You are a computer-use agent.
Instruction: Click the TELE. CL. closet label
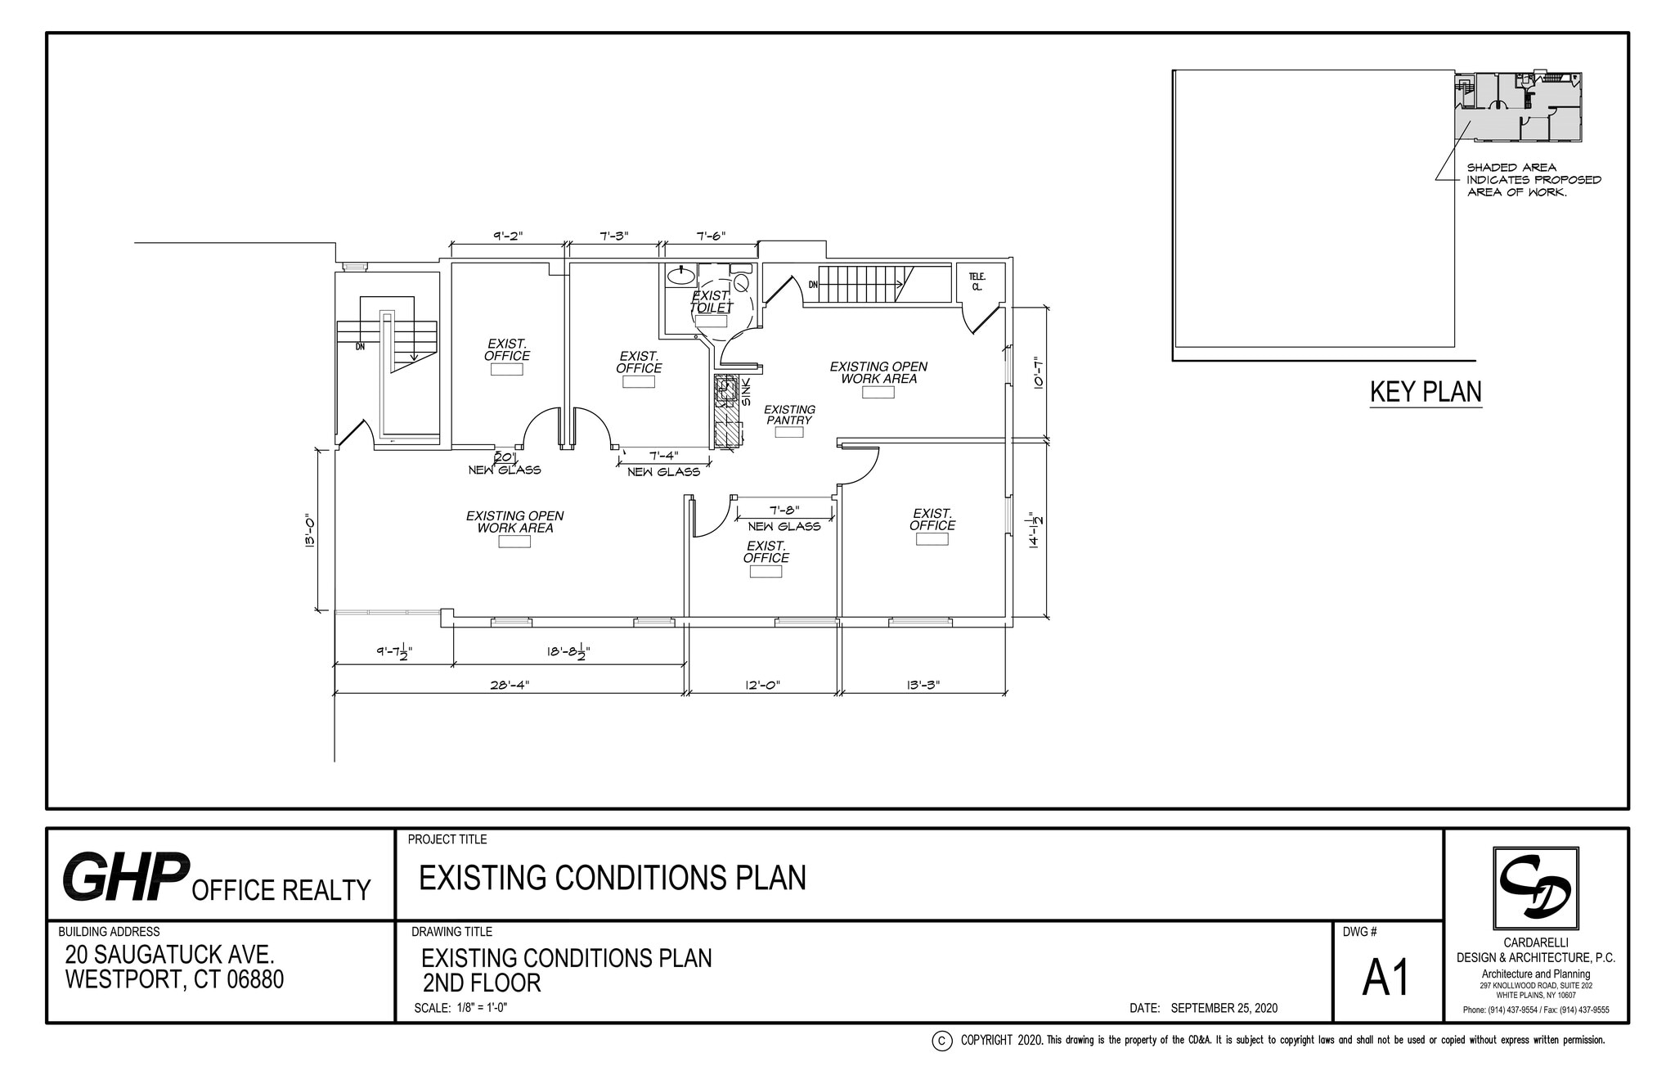(977, 281)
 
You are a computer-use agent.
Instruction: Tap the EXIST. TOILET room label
(712, 302)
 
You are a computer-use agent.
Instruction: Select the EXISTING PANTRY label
(789, 415)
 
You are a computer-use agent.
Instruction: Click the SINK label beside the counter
(746, 391)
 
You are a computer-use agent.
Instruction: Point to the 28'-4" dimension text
(510, 686)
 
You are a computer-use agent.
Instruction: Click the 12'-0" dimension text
(762, 686)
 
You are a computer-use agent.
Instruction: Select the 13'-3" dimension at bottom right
(923, 686)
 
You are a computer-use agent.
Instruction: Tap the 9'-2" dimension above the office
(508, 236)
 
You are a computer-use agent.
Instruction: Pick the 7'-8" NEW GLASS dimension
(784, 510)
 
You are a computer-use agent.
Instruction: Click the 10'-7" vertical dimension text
(1038, 373)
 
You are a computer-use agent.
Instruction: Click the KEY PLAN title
(1426, 392)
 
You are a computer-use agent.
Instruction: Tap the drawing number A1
(1386, 978)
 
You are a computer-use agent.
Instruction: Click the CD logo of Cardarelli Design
(1535, 888)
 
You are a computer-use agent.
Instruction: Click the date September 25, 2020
(1224, 1008)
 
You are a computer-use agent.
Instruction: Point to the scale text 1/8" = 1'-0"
(460, 1008)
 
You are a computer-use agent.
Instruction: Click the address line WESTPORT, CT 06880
(174, 979)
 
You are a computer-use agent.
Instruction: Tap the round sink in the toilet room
(680, 276)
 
